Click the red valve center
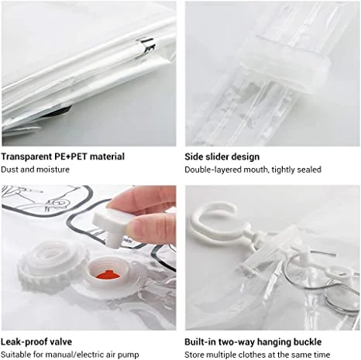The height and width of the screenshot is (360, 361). pos(108,275)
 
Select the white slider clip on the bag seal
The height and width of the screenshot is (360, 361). pos(285,63)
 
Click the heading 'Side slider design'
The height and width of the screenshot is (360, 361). pos(222,156)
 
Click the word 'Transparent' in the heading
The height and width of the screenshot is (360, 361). pos(26,156)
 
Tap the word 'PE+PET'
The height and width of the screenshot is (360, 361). pos(70,156)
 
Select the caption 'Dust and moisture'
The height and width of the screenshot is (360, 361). pos(36,170)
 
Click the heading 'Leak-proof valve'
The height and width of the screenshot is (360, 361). pos(36,341)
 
